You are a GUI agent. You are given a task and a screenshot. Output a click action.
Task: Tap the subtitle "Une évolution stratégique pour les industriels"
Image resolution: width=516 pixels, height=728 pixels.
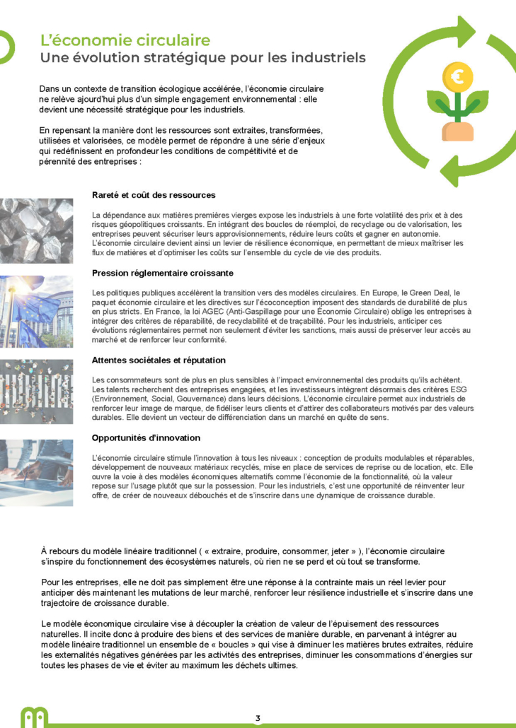coord(202,58)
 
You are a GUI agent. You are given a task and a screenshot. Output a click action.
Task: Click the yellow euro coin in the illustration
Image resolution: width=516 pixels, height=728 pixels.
coord(457,76)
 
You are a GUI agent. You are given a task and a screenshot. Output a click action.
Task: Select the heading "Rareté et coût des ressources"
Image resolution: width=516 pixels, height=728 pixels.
coord(154,195)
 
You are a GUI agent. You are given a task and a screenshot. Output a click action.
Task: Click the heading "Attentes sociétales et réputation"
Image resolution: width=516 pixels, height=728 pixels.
coord(159,360)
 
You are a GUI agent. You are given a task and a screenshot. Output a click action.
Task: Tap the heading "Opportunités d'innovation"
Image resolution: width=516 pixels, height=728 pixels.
coord(146,438)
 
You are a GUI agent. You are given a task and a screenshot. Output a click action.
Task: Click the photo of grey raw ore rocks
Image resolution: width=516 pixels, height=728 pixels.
coord(36,230)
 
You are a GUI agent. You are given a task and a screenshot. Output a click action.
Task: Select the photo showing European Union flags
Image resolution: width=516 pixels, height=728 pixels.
coord(36,311)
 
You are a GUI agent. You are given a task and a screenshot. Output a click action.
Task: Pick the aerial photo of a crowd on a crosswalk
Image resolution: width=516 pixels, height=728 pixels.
coord(36,392)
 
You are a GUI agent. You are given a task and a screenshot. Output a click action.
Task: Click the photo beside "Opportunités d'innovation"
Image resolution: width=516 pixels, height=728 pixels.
coord(36,472)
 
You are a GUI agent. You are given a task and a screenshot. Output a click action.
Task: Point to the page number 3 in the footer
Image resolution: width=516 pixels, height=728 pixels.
coord(258,719)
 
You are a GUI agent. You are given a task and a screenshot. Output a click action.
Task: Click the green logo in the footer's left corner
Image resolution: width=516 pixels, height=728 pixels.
coord(34,718)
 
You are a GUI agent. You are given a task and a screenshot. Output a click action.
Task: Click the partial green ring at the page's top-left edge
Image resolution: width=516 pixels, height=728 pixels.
coord(8,47)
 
